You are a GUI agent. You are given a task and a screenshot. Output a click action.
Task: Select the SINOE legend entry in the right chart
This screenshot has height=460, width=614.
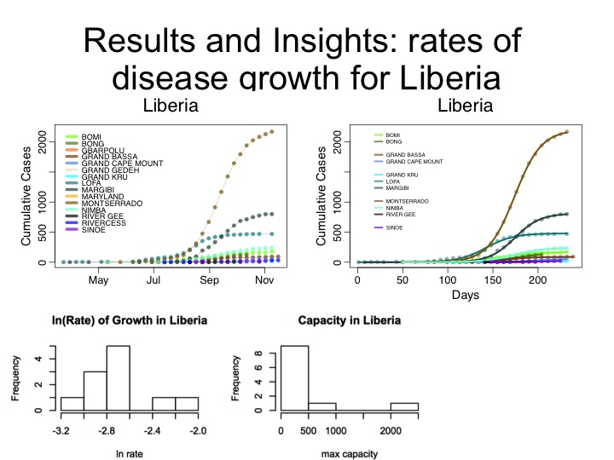[393, 228]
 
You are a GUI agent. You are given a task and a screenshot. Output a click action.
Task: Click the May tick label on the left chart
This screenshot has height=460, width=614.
[99, 279]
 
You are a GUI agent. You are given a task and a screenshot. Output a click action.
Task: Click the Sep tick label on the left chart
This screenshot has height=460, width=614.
[209, 279]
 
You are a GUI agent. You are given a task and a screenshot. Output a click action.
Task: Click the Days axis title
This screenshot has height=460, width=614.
[466, 296]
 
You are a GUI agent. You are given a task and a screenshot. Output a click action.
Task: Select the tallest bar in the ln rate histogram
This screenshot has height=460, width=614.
[118, 378]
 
